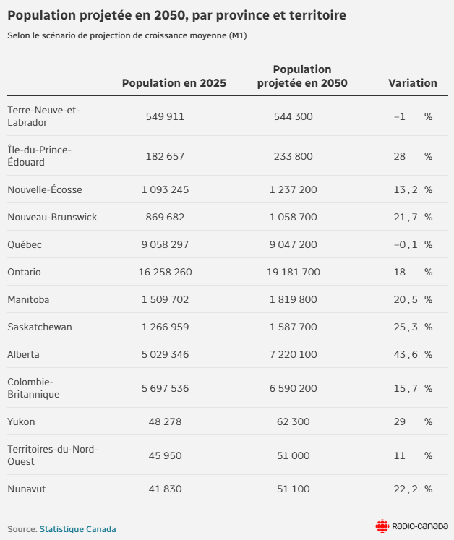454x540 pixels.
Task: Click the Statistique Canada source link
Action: pos(77,529)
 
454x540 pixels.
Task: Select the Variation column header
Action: pos(413,83)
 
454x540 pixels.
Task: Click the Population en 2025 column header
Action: pos(174,83)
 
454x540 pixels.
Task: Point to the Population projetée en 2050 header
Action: pos(302,76)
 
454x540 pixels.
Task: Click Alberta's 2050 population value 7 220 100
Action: pos(293,355)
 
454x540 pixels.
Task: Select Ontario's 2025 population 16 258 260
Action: pos(165,273)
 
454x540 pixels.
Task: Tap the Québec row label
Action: pos(25,245)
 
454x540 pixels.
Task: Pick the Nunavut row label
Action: pos(27,489)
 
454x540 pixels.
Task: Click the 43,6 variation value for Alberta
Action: pos(406,355)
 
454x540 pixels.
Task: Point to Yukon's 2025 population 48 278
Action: pos(165,421)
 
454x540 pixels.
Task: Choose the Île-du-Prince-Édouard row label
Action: pos(39,156)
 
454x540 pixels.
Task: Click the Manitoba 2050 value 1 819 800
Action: pos(293,300)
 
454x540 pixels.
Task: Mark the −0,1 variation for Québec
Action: pos(406,245)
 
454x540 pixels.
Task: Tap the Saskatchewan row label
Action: pos(40,327)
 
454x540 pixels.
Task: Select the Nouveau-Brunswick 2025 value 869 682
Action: pos(165,218)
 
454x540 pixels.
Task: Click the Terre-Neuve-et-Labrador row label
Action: pos(43,116)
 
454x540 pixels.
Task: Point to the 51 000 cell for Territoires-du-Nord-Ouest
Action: pos(293,455)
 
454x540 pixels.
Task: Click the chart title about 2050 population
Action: pos(176,15)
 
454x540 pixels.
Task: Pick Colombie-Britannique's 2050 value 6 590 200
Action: pos(293,389)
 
